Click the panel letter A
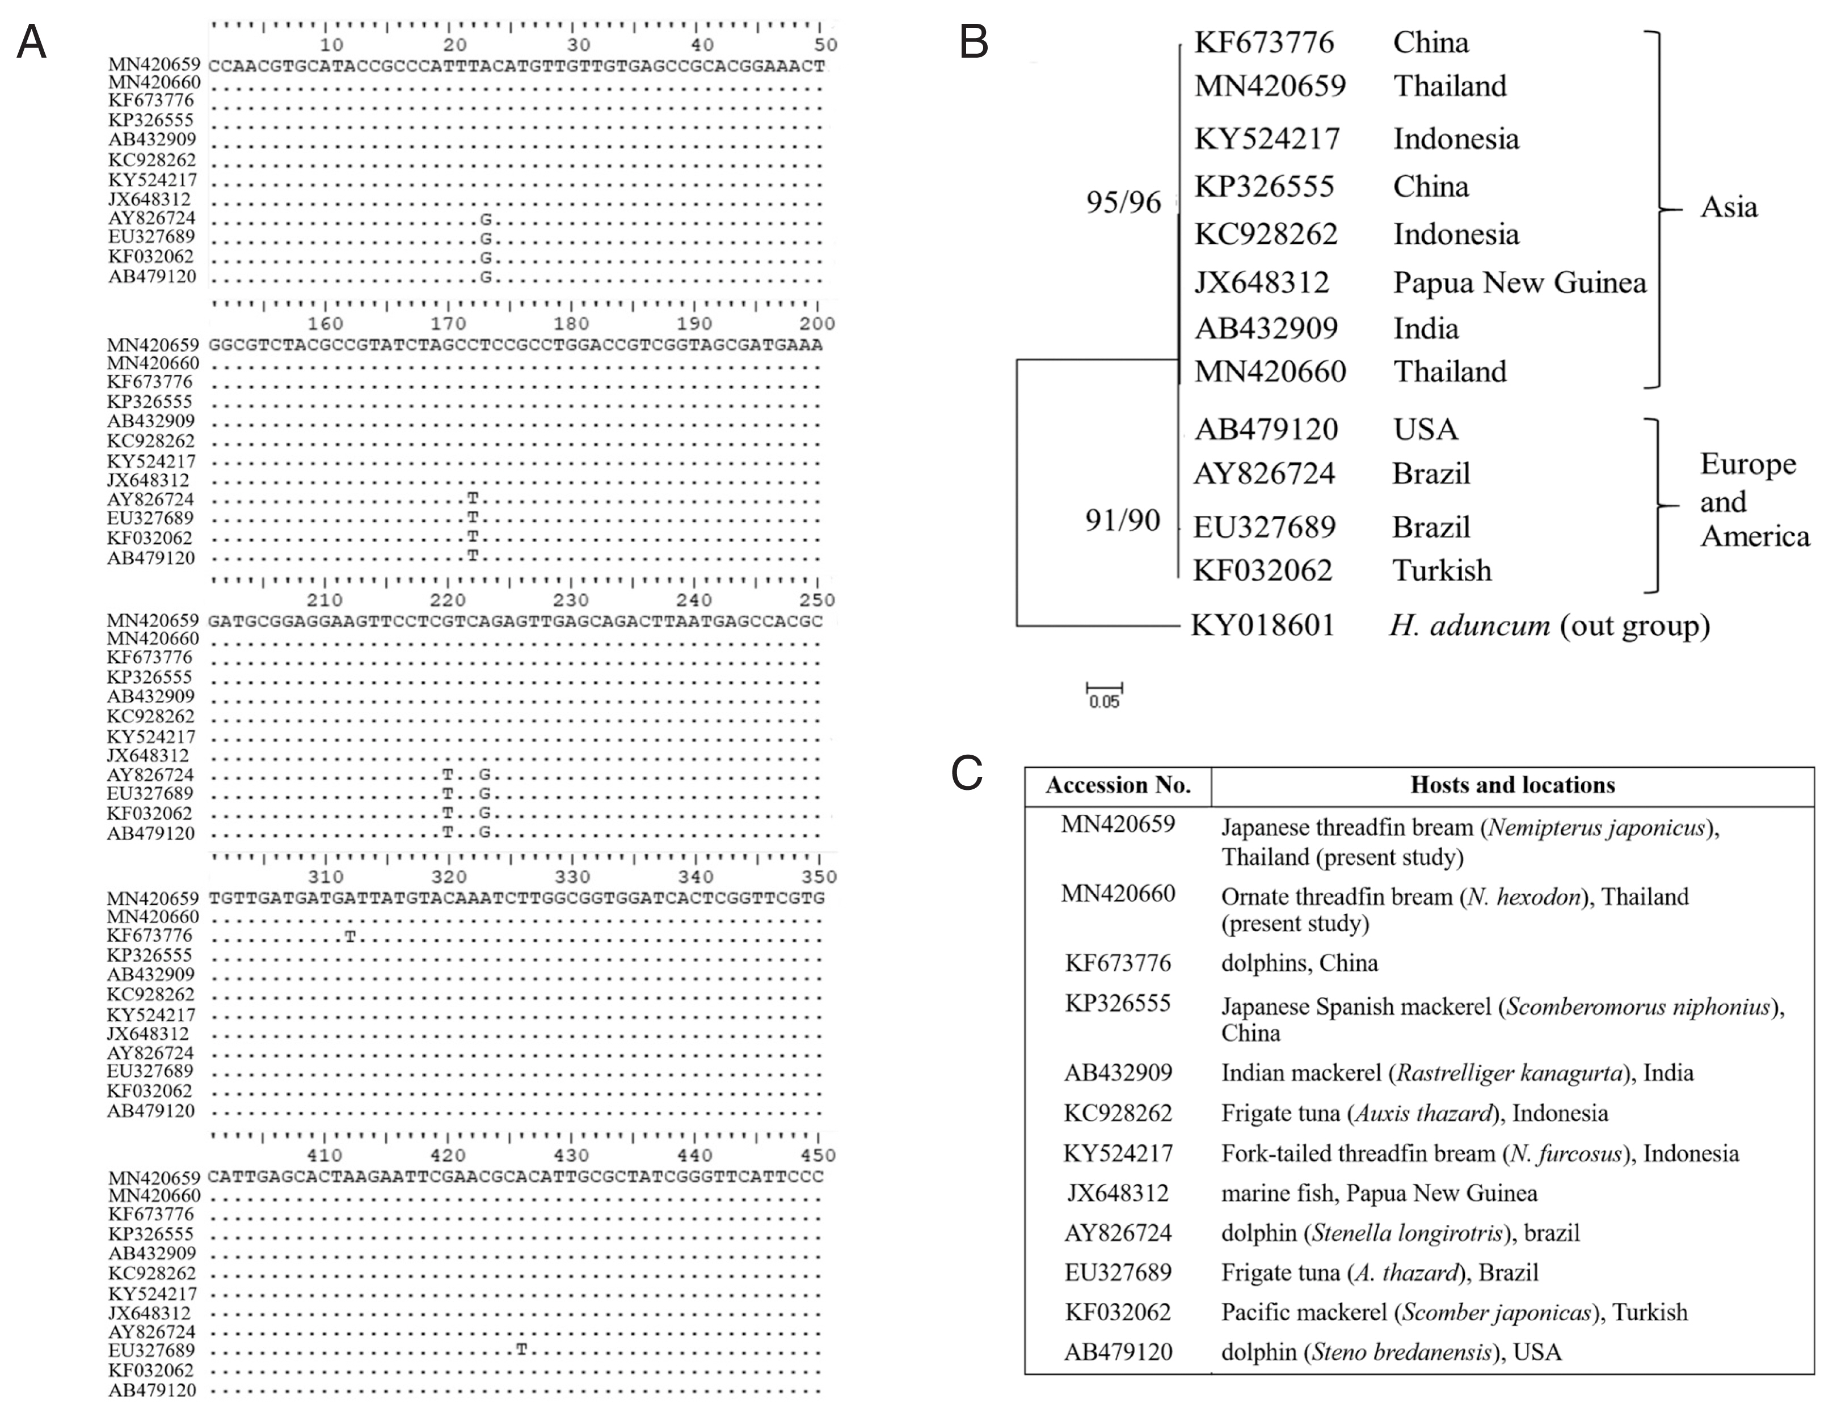[x=31, y=42]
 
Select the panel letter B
[x=974, y=42]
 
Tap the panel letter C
[x=966, y=773]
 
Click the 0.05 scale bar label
[x=1103, y=702]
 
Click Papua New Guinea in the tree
[x=1519, y=283]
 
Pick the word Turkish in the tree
[x=1442, y=570]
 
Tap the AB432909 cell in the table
[x=1118, y=1073]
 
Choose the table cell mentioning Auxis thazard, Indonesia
[x=1414, y=1113]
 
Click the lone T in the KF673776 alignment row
[x=350, y=936]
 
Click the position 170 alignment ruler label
[x=448, y=324]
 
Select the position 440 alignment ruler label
[x=695, y=1155]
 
